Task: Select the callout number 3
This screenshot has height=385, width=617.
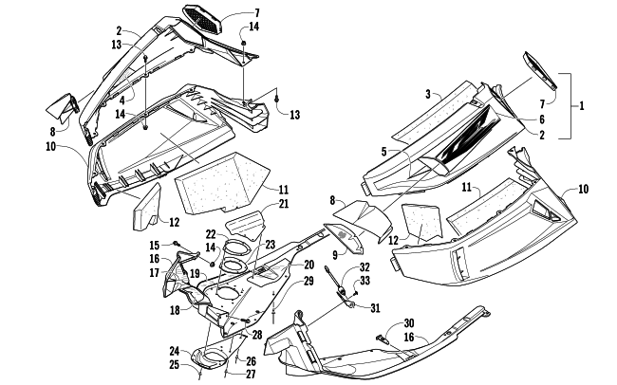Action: tap(429, 94)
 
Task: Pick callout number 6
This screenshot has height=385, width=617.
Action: tap(540, 120)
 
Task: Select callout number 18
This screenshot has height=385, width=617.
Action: tap(175, 310)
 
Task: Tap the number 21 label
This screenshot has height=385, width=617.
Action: tap(283, 204)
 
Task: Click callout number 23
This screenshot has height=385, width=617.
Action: tap(271, 245)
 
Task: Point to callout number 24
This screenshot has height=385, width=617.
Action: tap(175, 350)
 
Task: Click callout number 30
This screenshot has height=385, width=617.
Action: tap(409, 322)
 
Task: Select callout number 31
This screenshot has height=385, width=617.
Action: tap(375, 307)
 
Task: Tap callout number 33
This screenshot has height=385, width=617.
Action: tap(366, 281)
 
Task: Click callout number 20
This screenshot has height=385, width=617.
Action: tap(282, 264)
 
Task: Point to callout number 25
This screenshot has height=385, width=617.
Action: tap(175, 364)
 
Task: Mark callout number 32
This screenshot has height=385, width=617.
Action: tap(365, 268)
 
